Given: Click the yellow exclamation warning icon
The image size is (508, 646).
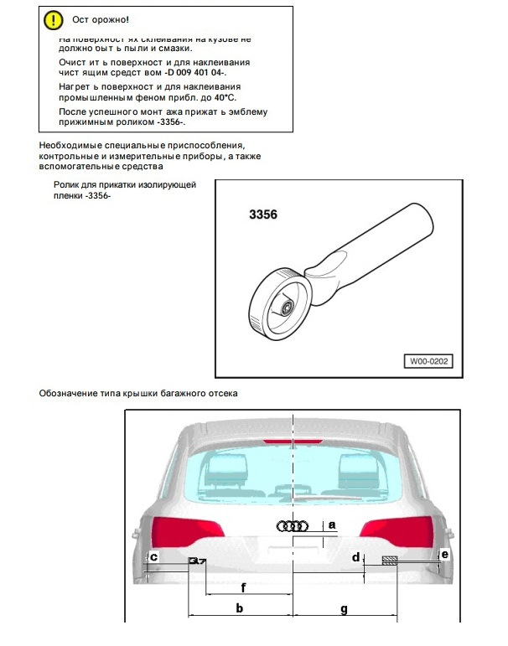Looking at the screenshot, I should [53, 18].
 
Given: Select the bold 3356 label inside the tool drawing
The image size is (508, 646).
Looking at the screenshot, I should [262, 214].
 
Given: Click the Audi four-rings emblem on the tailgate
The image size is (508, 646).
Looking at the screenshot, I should [292, 526].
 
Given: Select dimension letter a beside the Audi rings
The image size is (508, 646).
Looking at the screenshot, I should [331, 525].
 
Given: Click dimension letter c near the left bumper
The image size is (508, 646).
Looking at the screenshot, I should [153, 556].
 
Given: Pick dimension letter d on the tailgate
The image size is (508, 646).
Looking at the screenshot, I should [355, 557].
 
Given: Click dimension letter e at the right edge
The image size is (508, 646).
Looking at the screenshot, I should [444, 555].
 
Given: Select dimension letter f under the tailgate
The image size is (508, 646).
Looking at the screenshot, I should [243, 587].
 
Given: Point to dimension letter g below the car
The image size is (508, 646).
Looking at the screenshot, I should [344, 607].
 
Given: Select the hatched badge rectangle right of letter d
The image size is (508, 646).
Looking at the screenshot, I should [390, 561].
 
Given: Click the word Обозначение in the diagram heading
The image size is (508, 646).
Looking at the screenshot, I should [70, 393].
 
